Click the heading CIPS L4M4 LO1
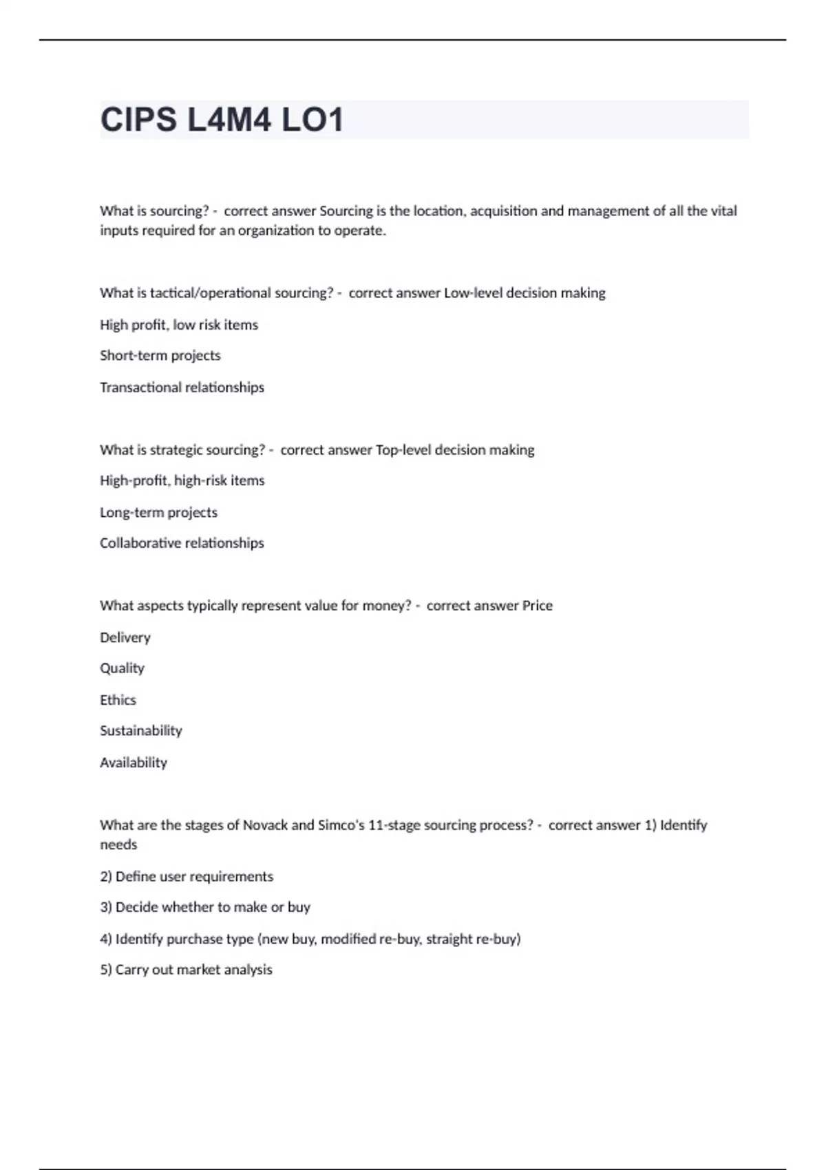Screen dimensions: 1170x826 [222, 120]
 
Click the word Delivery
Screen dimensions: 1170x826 [125, 637]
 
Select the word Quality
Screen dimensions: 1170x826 [122, 668]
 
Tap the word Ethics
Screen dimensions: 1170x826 [118, 700]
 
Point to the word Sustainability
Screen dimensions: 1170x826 [140, 731]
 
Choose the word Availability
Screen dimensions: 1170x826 [133, 763]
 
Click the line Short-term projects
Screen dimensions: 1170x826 [160, 356]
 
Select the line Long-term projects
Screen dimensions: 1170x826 [158, 512]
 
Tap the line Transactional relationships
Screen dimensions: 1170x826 [182, 387]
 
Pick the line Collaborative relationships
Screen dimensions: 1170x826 [182, 543]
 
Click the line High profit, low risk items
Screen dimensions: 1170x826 [178, 325]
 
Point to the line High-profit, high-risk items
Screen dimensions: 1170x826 [182, 480]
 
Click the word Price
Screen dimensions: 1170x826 [537, 606]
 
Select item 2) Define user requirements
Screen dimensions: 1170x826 [186, 877]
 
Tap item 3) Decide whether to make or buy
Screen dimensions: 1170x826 [204, 907]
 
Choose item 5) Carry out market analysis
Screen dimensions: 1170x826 [186, 970]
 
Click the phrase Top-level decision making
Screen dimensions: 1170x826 [455, 450]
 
